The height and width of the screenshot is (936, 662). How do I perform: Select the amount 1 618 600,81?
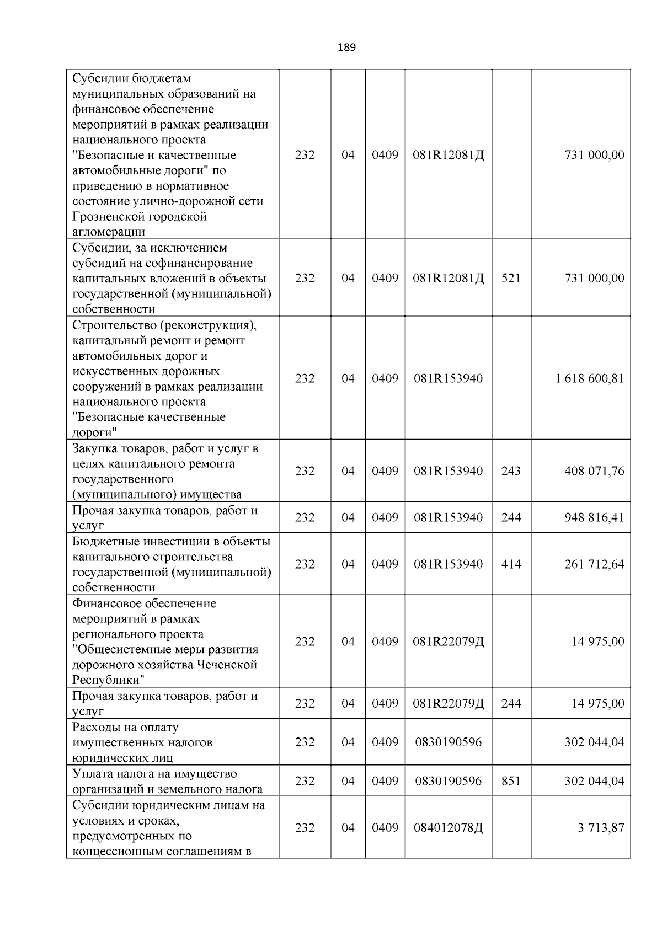pos(590,378)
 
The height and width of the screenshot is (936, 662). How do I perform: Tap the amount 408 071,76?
pos(595,471)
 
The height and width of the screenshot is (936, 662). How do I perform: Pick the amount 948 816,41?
pos(595,517)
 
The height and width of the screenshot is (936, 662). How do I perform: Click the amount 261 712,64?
pos(595,564)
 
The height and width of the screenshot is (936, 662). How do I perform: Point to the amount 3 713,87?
pos(601,828)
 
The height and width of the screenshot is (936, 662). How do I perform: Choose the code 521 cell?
pos(511,278)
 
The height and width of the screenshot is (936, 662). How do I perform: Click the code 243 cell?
pos(511,471)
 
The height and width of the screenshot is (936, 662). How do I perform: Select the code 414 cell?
pos(511,564)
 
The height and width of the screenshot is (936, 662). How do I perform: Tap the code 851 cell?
pos(511,781)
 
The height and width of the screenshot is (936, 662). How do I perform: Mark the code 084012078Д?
pos(449,828)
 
